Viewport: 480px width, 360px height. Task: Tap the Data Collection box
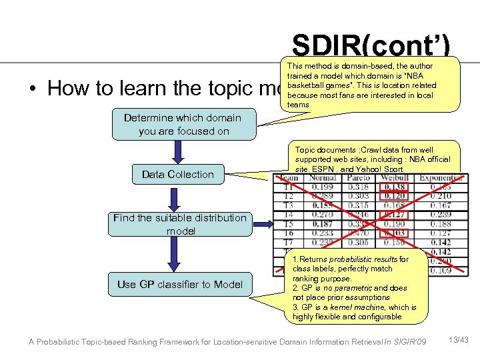pos(178,175)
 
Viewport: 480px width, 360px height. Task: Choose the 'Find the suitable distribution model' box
pos(180,224)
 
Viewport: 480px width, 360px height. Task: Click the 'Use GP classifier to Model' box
pos(180,284)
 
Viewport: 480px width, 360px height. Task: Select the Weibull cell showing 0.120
pos(394,197)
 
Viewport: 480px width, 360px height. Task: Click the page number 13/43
pos(459,341)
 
